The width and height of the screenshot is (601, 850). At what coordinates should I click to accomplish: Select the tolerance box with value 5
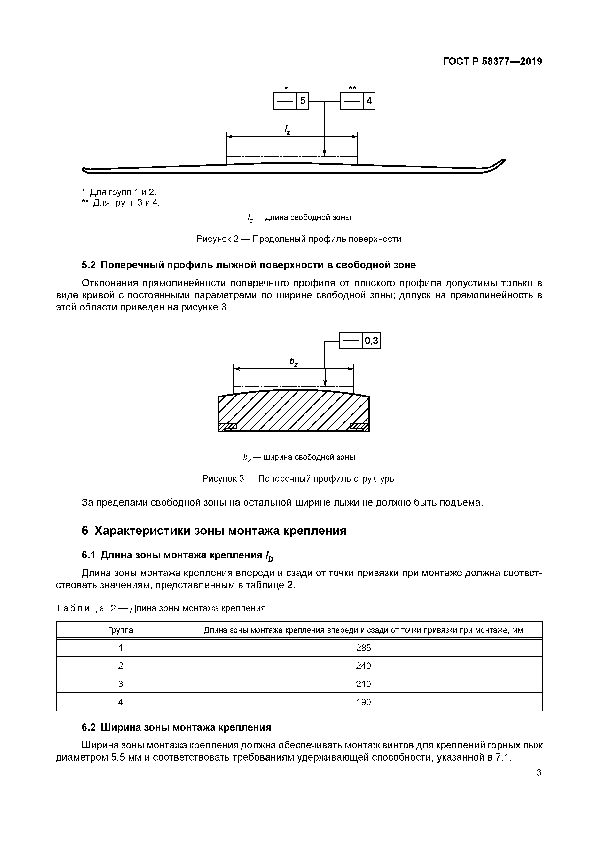pos(291,101)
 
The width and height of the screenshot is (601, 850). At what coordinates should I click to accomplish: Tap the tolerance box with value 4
pos(357,101)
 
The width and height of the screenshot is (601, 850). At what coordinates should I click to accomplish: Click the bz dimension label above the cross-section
pos(293,362)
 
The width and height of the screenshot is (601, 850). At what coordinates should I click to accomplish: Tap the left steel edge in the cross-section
pos(228,427)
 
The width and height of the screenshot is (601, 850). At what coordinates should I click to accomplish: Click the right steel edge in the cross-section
pos(359,427)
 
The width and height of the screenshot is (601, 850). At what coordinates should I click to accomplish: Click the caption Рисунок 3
pos(299,479)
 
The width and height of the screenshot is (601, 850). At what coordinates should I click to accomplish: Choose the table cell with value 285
pos(363,648)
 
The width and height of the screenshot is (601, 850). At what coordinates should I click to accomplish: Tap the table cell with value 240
pos(363,666)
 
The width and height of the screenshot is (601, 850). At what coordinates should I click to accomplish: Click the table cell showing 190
pos(363,702)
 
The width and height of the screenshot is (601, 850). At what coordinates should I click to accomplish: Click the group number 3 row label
pos(120,684)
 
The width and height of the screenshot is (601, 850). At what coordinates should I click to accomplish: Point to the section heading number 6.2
pos(88,727)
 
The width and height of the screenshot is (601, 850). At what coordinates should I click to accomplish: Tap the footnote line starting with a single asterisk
pos(119,192)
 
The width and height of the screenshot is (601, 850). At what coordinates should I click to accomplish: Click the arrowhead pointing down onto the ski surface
pos(324,153)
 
